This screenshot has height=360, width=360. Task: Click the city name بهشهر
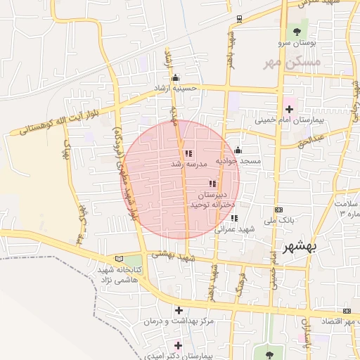300,247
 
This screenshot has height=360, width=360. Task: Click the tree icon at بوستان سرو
295,31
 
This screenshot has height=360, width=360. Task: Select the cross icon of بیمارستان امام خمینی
289,109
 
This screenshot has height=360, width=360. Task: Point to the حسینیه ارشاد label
178,89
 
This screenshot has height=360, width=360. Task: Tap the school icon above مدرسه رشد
188,153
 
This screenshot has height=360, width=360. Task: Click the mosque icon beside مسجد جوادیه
238,150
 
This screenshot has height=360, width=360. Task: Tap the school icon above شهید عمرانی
234,218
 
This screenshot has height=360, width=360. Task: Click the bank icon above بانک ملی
279,210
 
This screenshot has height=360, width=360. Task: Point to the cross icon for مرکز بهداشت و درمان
179,310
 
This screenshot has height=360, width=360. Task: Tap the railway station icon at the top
240,18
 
